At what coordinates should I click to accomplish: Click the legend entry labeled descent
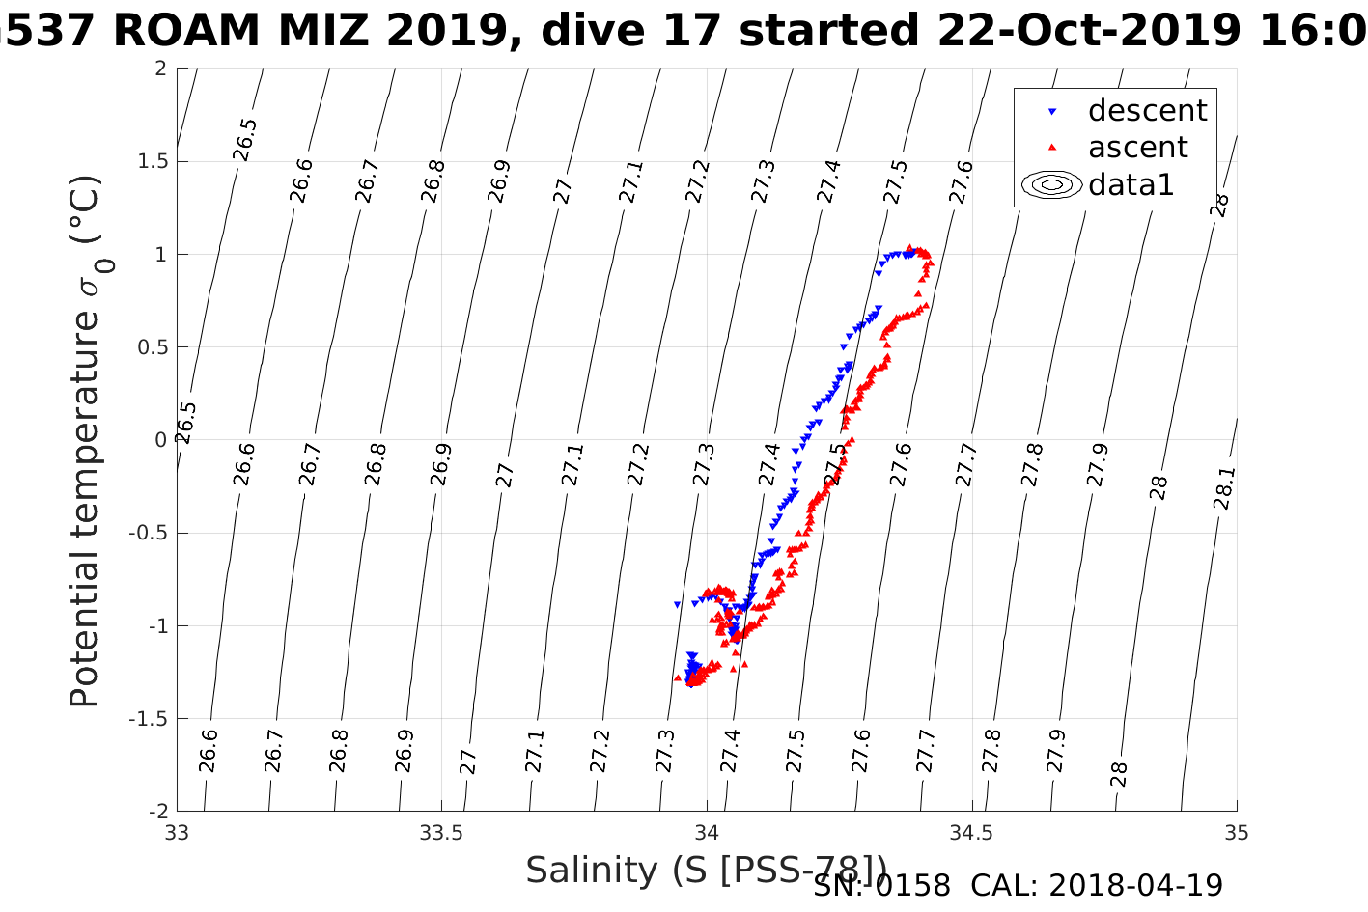click(x=1147, y=111)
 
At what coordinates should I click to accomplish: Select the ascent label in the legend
click(x=1137, y=148)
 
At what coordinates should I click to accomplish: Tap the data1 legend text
click(x=1131, y=184)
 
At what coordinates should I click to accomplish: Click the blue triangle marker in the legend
click(x=1052, y=112)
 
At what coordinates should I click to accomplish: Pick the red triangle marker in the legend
click(x=1052, y=148)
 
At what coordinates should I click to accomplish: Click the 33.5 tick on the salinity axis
click(x=441, y=833)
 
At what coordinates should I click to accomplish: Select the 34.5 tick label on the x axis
click(x=971, y=833)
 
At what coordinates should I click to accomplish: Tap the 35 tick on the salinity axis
click(x=1237, y=833)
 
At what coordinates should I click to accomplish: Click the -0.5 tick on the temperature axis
click(x=147, y=533)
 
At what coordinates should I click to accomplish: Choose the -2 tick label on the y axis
click(x=154, y=811)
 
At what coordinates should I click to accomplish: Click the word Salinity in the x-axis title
click(x=592, y=871)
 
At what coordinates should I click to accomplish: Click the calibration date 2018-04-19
click(x=1135, y=885)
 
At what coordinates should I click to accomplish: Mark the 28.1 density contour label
click(x=1223, y=488)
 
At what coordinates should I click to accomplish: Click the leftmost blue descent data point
click(x=677, y=604)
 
